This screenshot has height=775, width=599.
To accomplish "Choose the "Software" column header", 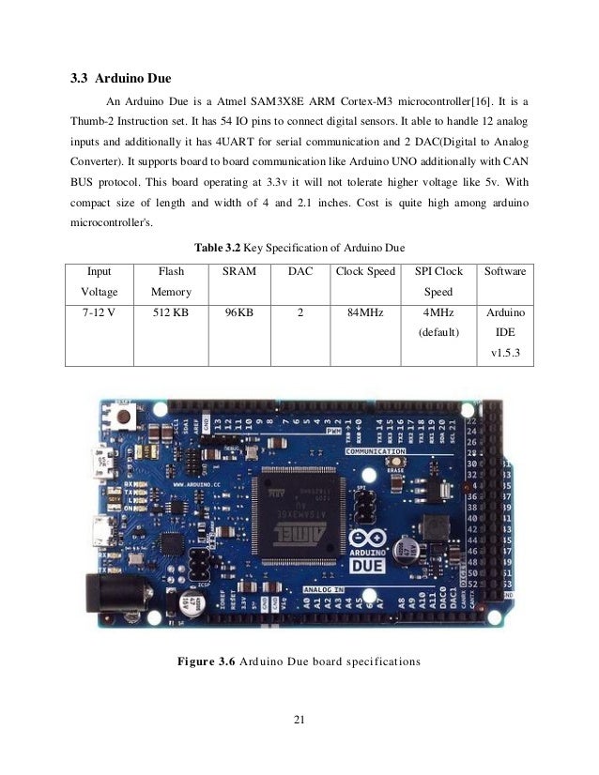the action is (505, 272).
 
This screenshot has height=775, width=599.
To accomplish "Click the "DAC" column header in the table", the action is (299, 272).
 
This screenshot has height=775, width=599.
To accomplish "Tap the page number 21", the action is (299, 720).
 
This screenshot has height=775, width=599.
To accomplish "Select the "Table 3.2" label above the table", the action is (217, 247).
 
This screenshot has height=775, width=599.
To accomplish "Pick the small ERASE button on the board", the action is (399, 463).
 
